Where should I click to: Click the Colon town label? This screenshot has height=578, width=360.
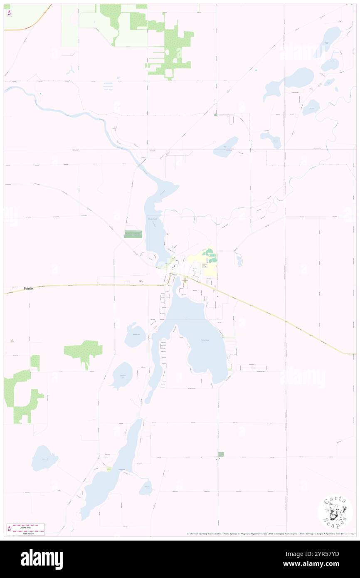(173, 275)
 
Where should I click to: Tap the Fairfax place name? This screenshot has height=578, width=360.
(28, 288)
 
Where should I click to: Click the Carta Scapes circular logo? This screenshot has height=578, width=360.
(335, 512)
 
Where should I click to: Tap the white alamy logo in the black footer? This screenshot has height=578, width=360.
(42, 559)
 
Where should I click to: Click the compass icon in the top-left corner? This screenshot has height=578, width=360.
(9, 13)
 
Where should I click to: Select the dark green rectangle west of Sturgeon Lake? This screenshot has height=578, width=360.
(133, 234)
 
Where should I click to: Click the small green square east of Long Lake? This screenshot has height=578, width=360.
(221, 454)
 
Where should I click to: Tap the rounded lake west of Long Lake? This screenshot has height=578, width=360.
(44, 458)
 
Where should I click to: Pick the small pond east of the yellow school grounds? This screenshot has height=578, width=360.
(239, 260)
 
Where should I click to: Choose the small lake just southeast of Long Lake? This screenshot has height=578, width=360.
(146, 487)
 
